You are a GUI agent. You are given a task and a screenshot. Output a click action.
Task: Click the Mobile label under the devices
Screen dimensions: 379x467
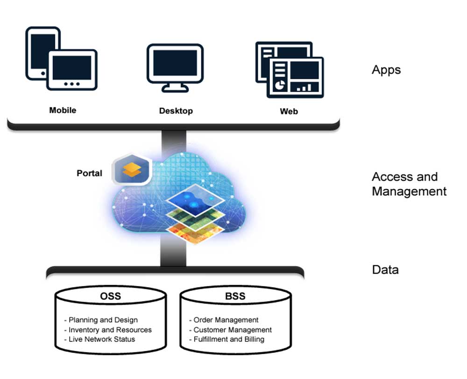(63, 110)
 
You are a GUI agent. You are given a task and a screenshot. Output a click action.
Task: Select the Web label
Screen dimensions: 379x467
(289, 111)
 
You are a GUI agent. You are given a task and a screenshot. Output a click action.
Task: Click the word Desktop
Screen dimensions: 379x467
(176, 111)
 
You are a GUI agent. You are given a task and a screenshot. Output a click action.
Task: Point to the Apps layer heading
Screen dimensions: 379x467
(386, 70)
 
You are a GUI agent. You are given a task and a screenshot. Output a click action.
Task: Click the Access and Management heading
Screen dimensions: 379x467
(409, 184)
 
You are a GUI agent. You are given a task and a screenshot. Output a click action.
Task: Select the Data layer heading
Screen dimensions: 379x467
(385, 270)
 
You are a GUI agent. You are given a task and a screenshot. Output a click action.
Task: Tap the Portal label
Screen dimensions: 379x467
(89, 173)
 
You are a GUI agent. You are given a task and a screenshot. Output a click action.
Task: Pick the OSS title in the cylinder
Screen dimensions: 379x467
(110, 296)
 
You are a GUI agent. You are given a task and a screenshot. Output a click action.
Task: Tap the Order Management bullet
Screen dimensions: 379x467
(224, 320)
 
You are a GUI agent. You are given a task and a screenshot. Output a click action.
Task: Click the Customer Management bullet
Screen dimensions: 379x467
(230, 329)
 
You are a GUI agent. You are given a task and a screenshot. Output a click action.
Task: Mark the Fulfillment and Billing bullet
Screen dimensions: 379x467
(226, 339)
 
